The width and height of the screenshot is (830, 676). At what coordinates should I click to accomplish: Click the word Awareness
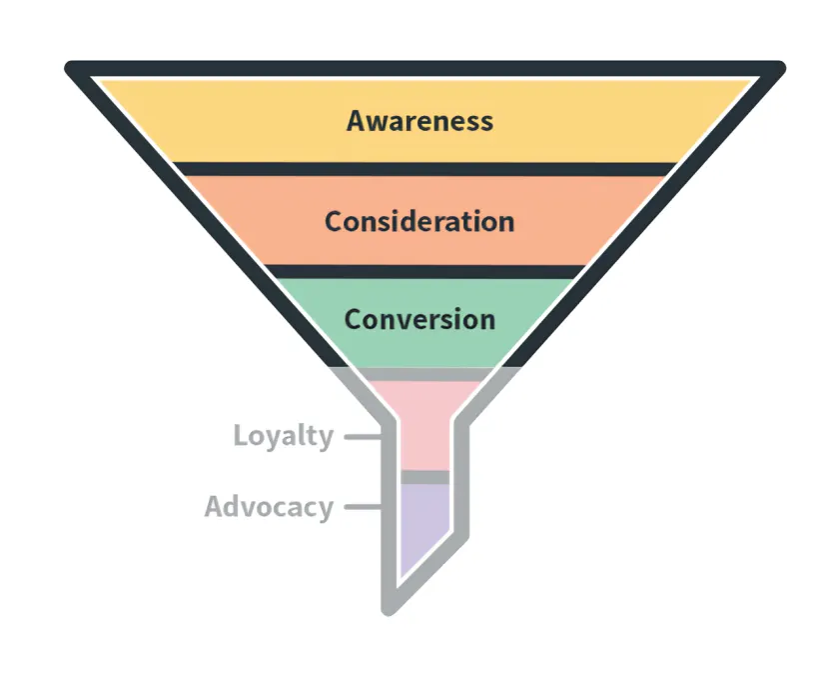[x=419, y=121]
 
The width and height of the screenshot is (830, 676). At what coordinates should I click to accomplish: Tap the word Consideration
[x=419, y=221]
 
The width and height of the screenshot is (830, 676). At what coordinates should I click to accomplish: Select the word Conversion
[x=419, y=320]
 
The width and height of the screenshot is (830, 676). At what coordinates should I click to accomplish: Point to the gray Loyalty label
[x=283, y=437]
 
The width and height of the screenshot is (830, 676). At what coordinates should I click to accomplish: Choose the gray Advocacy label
[x=268, y=507]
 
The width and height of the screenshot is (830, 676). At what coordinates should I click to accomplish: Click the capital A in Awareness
[x=357, y=121]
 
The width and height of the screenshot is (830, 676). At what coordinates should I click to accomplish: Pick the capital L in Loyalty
[x=240, y=436]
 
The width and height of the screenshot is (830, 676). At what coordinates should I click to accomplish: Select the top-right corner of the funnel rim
[x=778, y=69]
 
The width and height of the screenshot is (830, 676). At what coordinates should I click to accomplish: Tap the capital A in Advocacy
[x=215, y=506]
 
